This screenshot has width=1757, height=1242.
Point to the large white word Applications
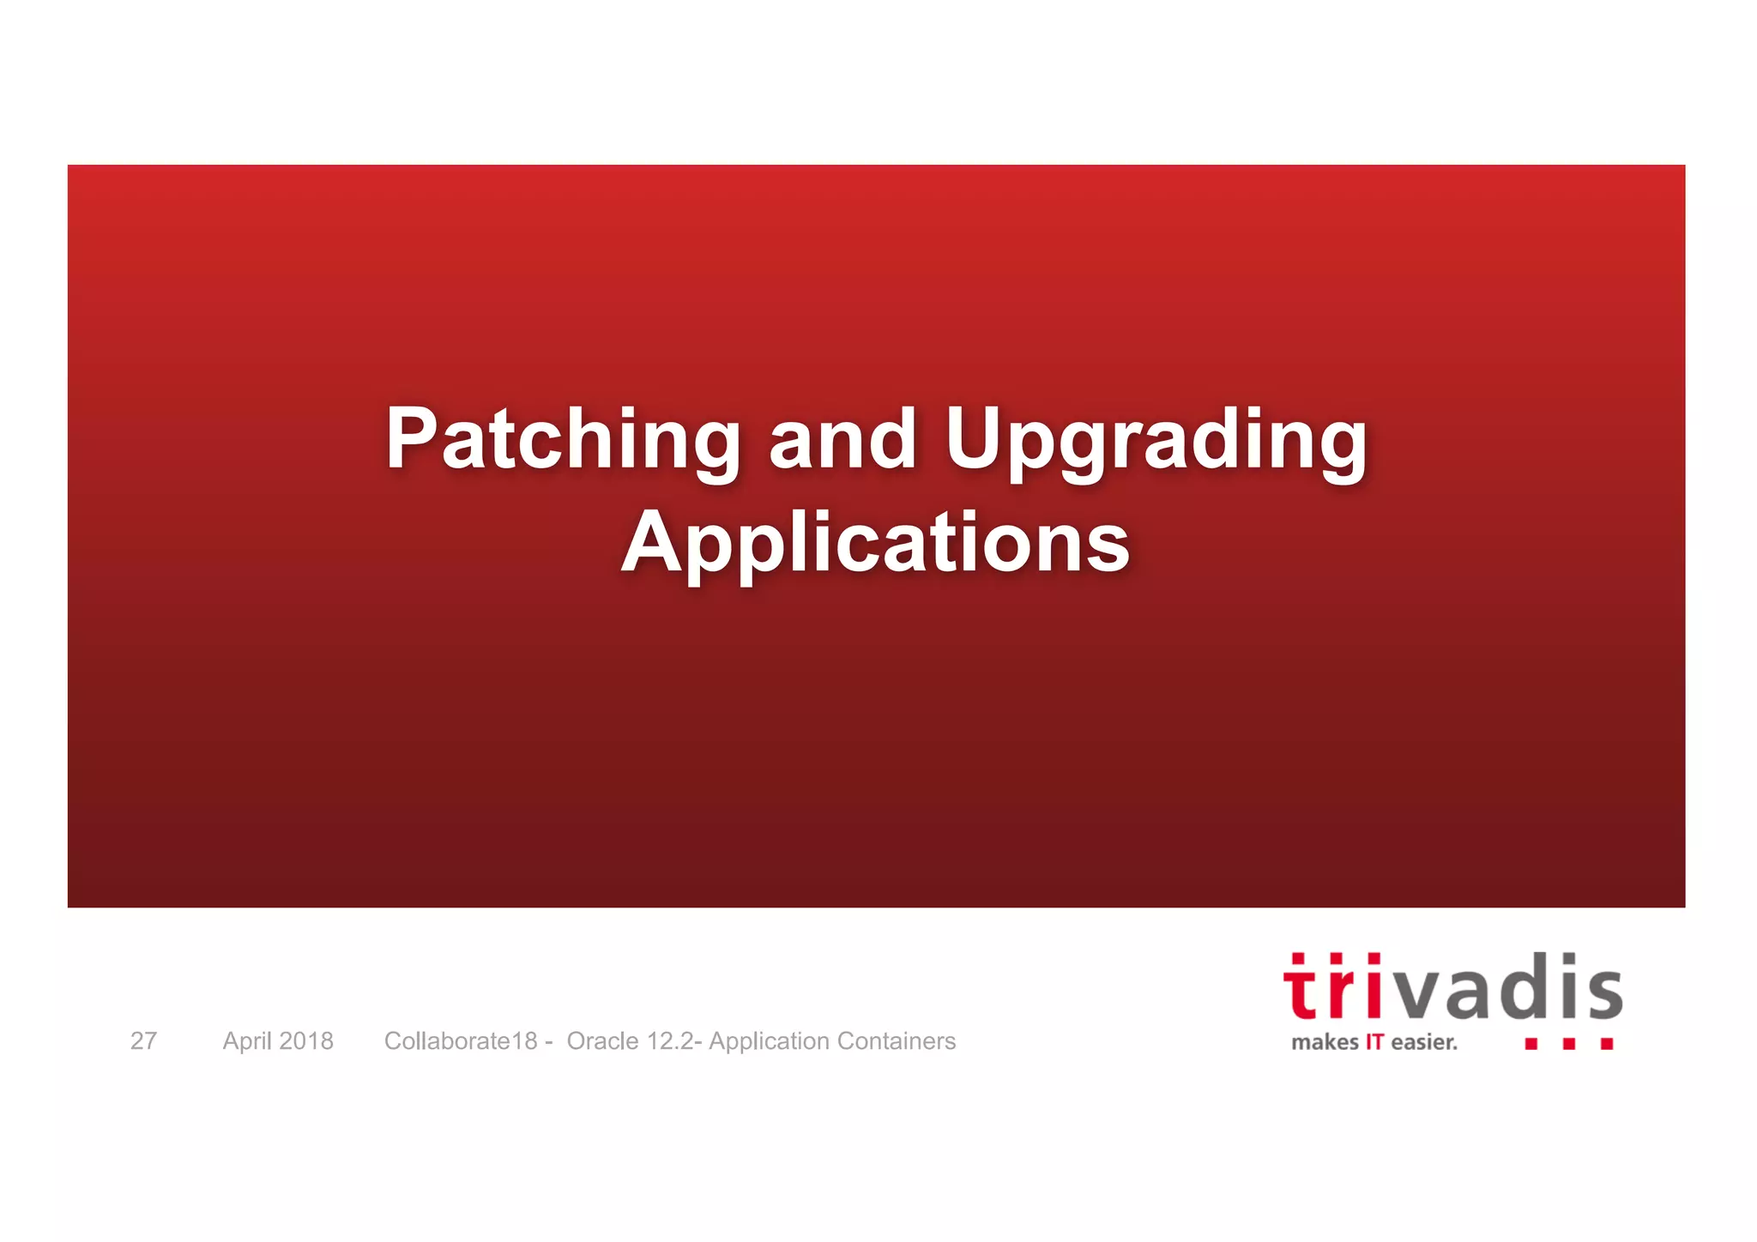876,542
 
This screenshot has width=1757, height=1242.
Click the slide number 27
143,1040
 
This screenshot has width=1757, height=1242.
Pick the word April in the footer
247,1040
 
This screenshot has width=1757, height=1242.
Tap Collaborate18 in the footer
461,1040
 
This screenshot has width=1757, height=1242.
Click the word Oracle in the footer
602,1040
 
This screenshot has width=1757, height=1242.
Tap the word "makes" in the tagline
1325,1043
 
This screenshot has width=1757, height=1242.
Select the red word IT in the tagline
1374,1043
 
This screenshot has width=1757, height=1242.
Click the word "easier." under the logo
1424,1043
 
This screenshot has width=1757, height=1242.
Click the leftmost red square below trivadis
1531,1044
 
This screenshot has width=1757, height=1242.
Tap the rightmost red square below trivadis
1607,1044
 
